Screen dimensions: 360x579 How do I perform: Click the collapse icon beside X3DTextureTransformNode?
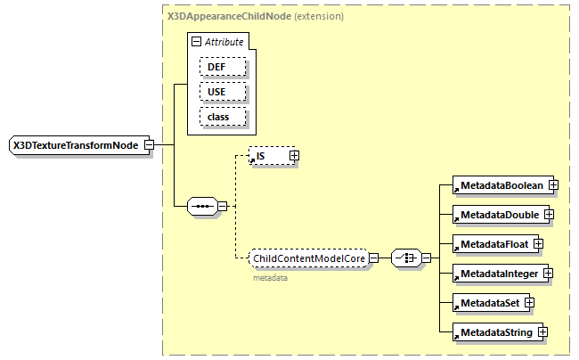coord(150,145)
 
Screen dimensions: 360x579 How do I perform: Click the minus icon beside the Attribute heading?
coord(196,42)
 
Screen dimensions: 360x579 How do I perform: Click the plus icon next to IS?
coord(294,156)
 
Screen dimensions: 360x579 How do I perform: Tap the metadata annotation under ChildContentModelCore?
coord(270,278)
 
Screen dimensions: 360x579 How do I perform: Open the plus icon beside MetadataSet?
coord(529,303)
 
